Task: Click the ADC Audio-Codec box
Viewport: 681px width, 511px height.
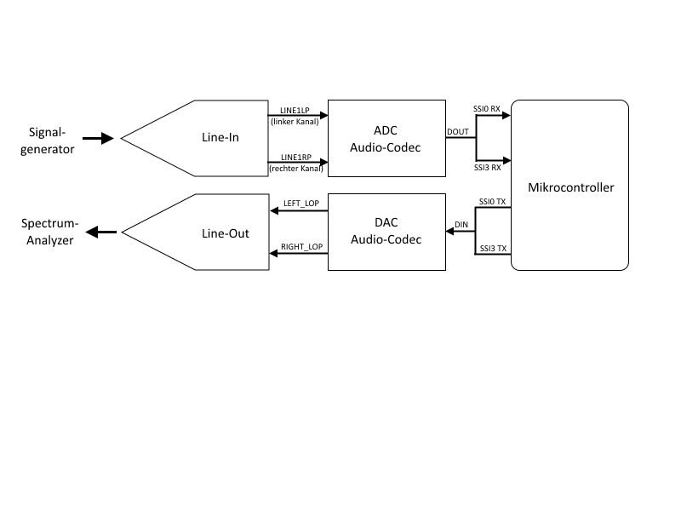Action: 386,138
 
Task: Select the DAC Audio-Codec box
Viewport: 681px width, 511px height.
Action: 386,232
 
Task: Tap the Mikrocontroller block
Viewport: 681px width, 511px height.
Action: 570,186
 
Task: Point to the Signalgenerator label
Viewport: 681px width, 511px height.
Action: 52,141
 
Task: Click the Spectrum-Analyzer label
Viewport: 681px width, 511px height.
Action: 52,232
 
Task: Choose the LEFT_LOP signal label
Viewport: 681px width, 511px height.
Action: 301,204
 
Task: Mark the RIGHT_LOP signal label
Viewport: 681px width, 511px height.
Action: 301,247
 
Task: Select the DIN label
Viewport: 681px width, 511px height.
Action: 461,224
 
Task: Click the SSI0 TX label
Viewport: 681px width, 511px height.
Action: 493,202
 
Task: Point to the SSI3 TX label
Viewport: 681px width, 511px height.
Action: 493,248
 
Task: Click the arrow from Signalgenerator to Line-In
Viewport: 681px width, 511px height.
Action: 98,138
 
